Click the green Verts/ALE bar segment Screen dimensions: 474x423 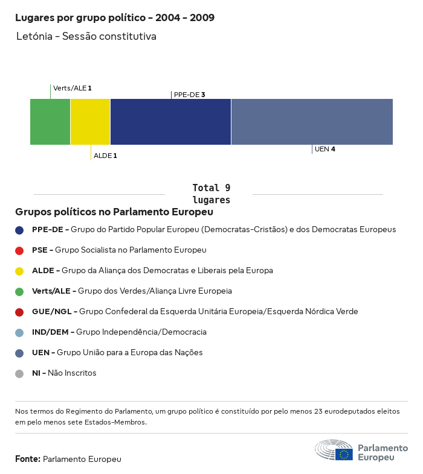pyautogui.click(x=50, y=122)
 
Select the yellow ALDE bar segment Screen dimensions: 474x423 pyautogui.click(x=91, y=122)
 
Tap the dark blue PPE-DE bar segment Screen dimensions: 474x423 pyautogui.click(x=170, y=122)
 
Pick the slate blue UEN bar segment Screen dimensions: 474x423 pyautogui.click(x=312, y=122)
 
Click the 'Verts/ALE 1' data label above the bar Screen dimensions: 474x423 pyautogui.click(x=72, y=88)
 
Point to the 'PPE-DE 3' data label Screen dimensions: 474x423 pyautogui.click(x=189, y=95)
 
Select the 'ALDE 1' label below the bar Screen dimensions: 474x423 pyautogui.click(x=105, y=156)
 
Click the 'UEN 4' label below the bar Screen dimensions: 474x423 pyautogui.click(x=325, y=149)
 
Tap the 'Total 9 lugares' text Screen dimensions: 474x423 pyautogui.click(x=211, y=194)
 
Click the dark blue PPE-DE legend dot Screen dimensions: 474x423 pyautogui.click(x=19, y=230)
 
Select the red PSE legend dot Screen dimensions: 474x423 pyautogui.click(x=19, y=250)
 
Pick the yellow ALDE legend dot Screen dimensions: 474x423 pyautogui.click(x=19, y=271)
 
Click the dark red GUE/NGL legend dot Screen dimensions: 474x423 pyautogui.click(x=19, y=312)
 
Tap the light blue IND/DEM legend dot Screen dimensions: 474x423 pyautogui.click(x=19, y=332)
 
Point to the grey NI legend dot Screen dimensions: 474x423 pyautogui.click(x=19, y=373)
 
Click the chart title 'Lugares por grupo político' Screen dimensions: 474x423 pyautogui.click(x=115, y=17)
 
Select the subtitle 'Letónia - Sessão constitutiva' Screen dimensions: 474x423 pyautogui.click(x=86, y=37)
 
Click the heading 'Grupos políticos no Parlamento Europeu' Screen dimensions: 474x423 pyautogui.click(x=114, y=212)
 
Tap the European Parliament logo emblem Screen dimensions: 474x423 pyautogui.click(x=334, y=450)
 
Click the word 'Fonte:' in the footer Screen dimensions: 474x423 pyautogui.click(x=28, y=459)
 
